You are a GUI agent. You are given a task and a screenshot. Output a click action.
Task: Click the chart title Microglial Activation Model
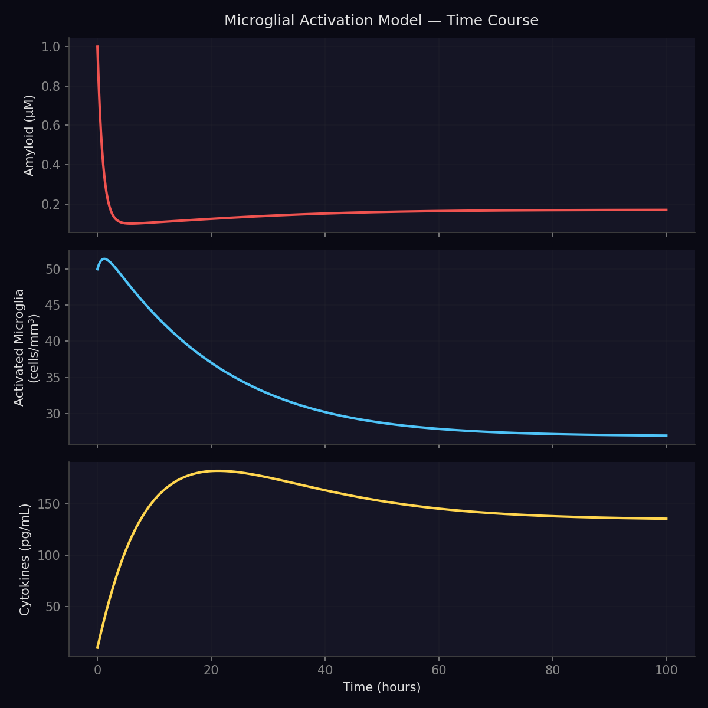point(381,21)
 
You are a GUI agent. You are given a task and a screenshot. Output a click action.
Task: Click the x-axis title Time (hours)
point(382,687)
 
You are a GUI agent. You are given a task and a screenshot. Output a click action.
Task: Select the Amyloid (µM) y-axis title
point(29,135)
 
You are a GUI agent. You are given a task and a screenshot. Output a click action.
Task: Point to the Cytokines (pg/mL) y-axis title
point(25,559)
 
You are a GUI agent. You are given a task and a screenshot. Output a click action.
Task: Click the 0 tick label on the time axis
point(97,670)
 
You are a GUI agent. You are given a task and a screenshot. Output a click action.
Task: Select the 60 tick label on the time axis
point(438,670)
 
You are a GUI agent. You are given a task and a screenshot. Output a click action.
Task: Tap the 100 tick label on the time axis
point(666,670)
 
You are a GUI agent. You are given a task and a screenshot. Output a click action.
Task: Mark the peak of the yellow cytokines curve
point(217,471)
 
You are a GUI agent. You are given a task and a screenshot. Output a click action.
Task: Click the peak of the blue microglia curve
point(104,258)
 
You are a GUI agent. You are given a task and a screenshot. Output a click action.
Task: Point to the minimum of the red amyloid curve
point(130,224)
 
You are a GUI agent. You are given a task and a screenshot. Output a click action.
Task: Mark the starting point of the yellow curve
point(97,648)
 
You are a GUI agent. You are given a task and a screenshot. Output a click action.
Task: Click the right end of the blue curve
point(666,435)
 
